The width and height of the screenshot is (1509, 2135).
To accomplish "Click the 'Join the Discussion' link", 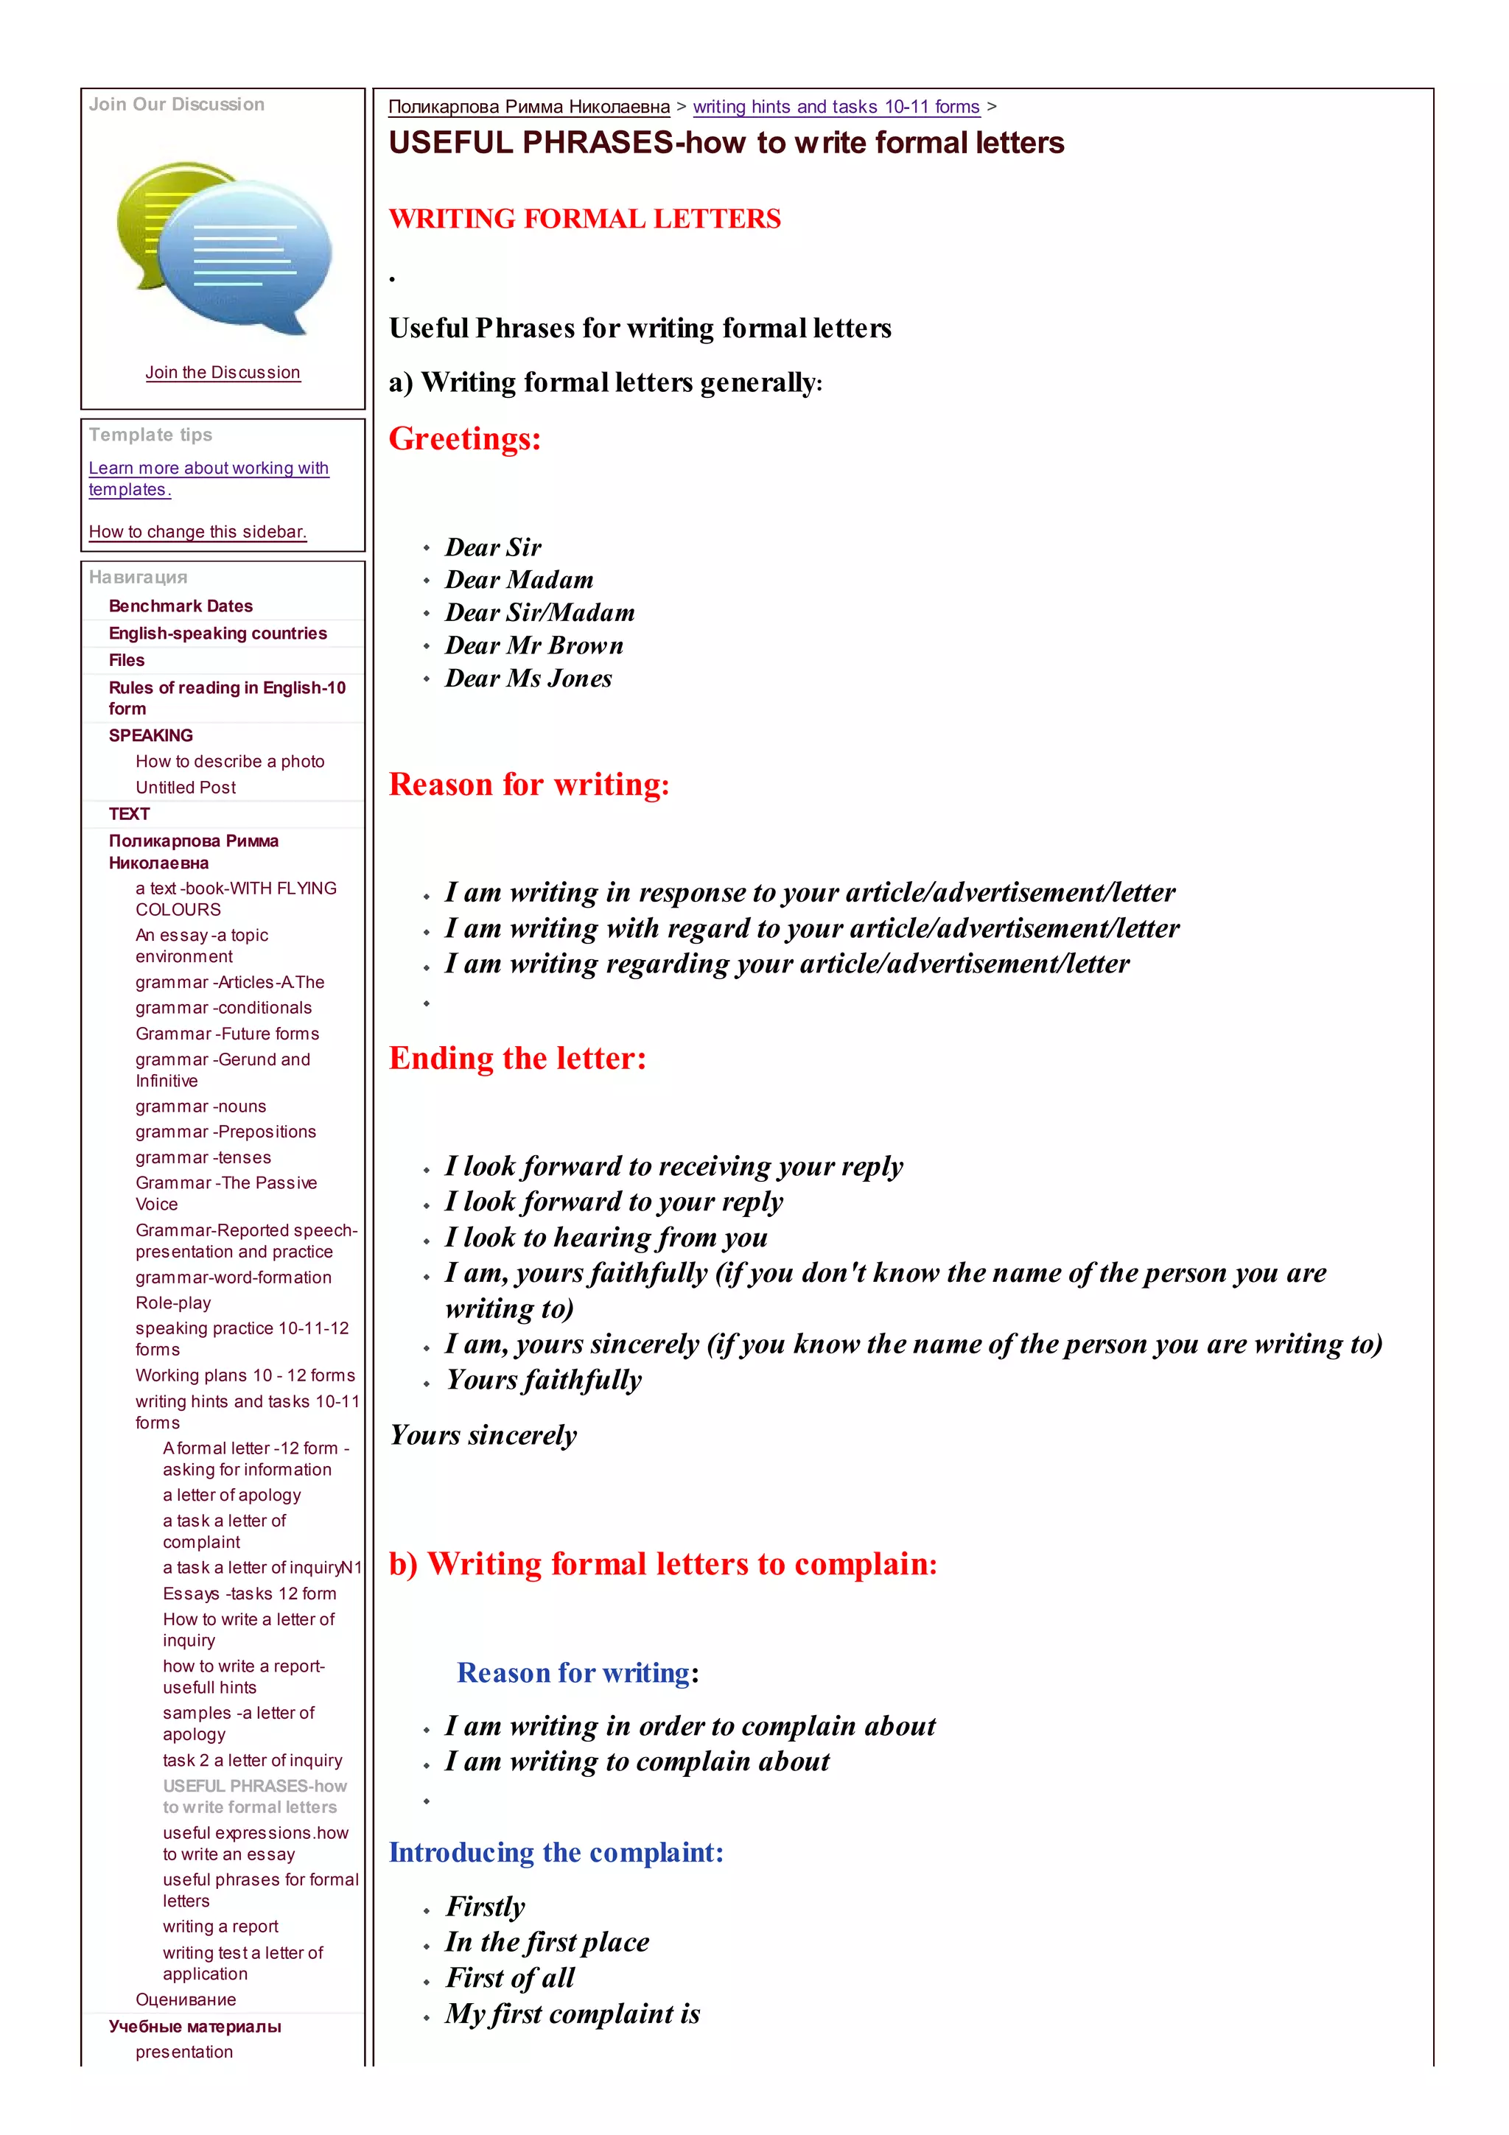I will point(223,372).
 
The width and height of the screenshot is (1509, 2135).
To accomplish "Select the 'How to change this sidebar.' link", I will point(197,531).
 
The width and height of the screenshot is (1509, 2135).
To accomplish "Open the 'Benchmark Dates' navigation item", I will point(181,606).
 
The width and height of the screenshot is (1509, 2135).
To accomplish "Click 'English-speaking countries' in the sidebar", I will point(217,634).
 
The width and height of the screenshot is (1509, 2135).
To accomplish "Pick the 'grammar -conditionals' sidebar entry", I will point(223,1007).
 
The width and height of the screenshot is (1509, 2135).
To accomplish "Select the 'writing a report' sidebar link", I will point(220,1926).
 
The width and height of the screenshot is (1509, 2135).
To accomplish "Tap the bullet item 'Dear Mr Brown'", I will point(533,645).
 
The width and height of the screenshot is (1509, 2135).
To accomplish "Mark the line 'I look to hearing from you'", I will point(605,1237).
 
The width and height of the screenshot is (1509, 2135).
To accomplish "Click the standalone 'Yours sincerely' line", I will point(483,1435).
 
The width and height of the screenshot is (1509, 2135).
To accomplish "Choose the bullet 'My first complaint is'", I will point(572,2013).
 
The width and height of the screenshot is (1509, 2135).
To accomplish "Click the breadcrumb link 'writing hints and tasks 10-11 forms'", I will point(836,107).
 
